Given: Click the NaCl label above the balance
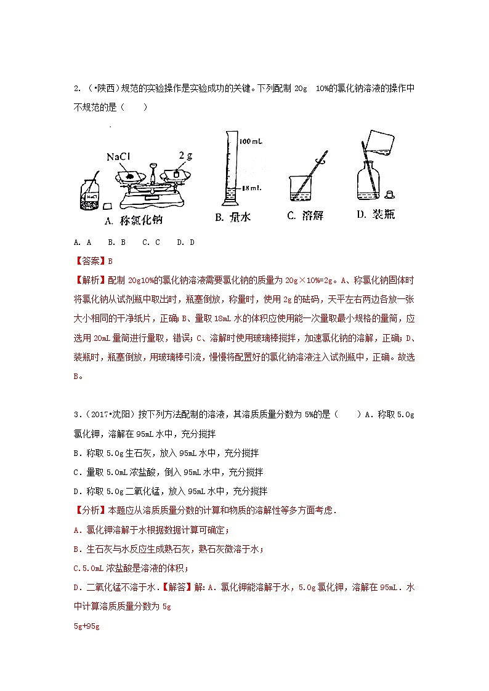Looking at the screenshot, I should (x=120, y=158).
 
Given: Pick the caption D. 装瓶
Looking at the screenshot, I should (x=375, y=215).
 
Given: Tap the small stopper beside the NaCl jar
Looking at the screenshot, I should (x=107, y=206).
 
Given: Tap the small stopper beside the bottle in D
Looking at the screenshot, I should (x=389, y=195).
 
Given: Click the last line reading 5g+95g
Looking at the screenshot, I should (x=86, y=626).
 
